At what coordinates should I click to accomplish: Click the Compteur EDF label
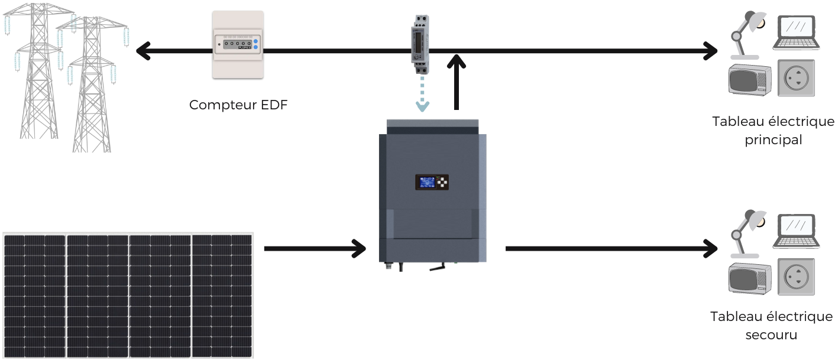tap(238, 105)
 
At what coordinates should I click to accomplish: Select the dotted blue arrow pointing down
tap(422, 95)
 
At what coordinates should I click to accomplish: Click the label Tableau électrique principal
tap(773, 131)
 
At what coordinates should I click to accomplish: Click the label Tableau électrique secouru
tap(771, 326)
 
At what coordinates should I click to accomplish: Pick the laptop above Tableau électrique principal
tap(796, 33)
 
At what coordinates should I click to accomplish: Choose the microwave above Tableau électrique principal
tap(750, 79)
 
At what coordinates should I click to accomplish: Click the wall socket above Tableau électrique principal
tap(795, 78)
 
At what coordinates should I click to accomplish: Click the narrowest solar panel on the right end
tap(222, 295)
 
